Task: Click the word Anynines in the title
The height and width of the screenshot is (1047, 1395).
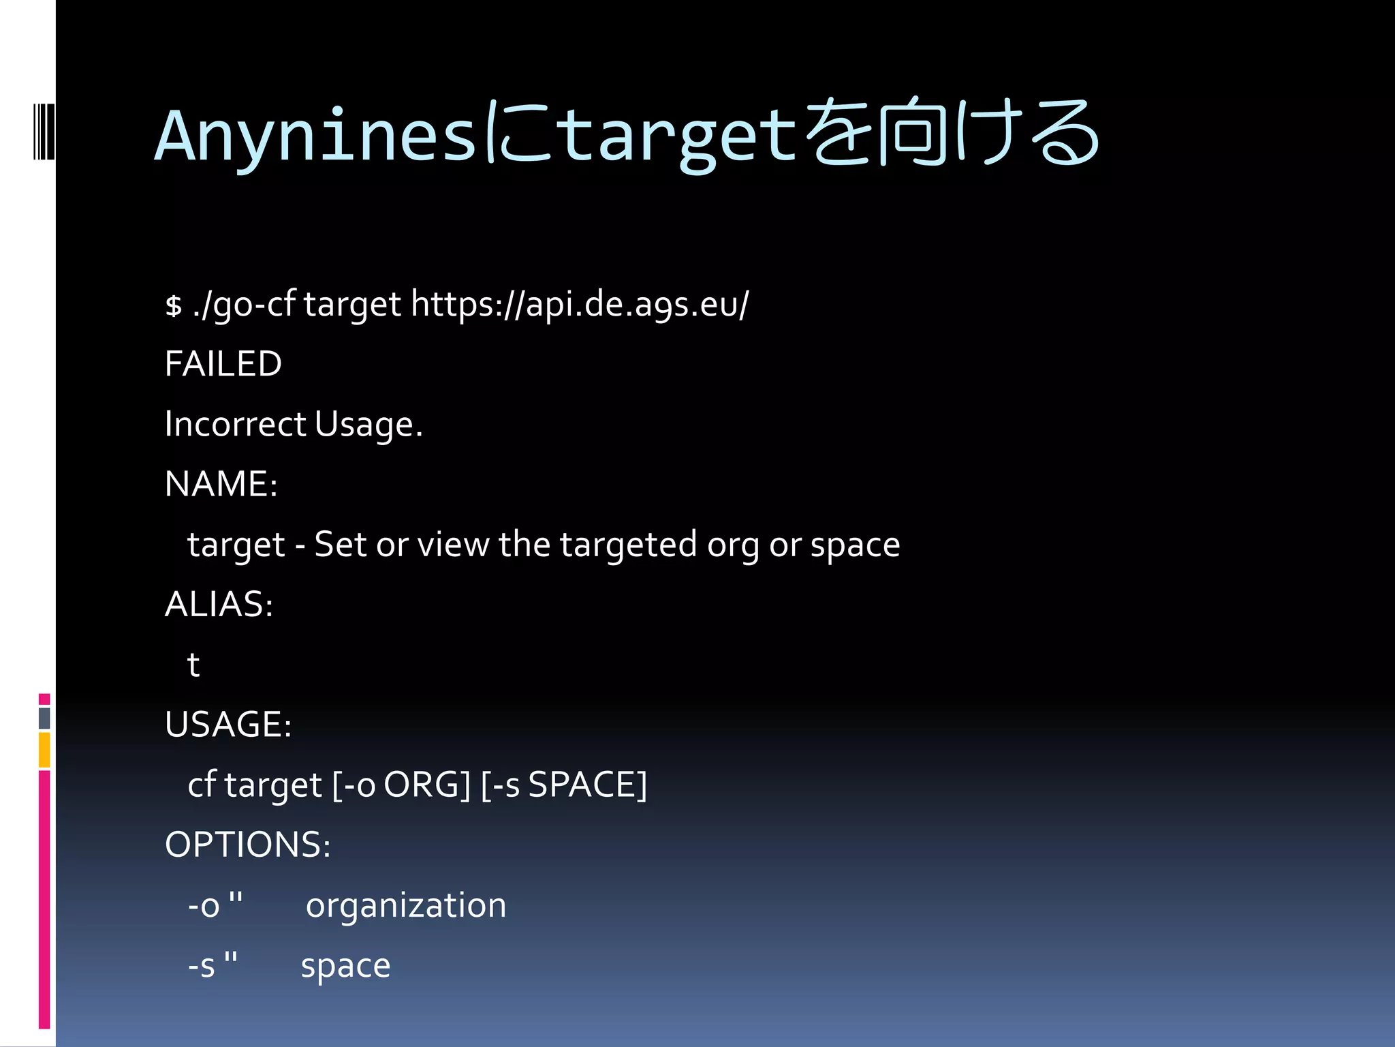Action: (315, 136)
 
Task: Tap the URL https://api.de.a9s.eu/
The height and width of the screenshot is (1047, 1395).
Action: (580, 304)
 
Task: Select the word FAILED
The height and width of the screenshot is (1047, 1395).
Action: (223, 363)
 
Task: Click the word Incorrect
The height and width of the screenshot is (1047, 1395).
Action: (235, 424)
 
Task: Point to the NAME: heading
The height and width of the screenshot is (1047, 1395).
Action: (221, 484)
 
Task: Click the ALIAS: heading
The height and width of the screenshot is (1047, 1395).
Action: (219, 604)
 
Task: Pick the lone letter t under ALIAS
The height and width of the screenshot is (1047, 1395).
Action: (193, 665)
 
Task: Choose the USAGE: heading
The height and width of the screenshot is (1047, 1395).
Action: (228, 724)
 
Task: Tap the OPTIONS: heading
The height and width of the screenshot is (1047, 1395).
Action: (247, 845)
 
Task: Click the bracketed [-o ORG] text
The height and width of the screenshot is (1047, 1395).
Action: (401, 785)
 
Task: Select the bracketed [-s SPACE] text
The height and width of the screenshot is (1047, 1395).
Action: (563, 785)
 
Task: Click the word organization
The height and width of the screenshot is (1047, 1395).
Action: (405, 905)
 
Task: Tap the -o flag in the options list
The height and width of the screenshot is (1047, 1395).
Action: (204, 905)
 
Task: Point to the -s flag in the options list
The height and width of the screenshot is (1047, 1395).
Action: (202, 965)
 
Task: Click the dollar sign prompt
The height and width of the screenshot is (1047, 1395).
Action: (174, 305)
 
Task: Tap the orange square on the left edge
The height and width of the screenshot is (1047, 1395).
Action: (44, 750)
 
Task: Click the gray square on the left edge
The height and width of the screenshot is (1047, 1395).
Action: (44, 718)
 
